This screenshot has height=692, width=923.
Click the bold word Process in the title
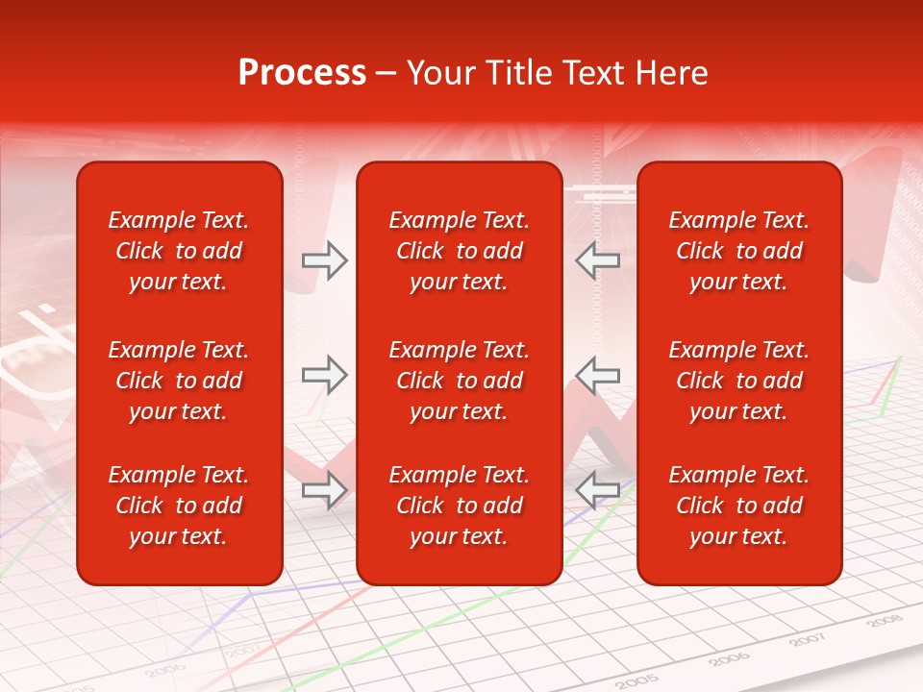pos(302,73)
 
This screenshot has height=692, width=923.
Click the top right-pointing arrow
pos(324,260)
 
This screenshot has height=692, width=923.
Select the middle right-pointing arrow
pos(324,375)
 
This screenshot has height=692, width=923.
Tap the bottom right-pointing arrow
pos(324,490)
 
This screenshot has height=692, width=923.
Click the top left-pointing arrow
pos(598,260)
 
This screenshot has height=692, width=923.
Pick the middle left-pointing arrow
pos(598,375)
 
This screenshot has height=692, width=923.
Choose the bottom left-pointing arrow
pos(598,490)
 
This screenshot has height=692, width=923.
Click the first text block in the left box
pos(179,251)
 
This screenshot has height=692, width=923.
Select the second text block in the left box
pos(179,381)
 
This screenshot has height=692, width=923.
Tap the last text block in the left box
pos(179,506)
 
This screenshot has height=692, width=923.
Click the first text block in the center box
pos(459,251)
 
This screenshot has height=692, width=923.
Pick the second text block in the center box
pos(459,381)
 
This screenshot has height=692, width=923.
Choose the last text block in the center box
pos(459,506)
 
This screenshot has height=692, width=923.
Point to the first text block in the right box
pos(739,251)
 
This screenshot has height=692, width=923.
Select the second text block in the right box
pos(739,381)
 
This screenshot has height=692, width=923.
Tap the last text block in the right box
pos(739,506)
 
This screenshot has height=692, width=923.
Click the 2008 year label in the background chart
pos(884,621)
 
